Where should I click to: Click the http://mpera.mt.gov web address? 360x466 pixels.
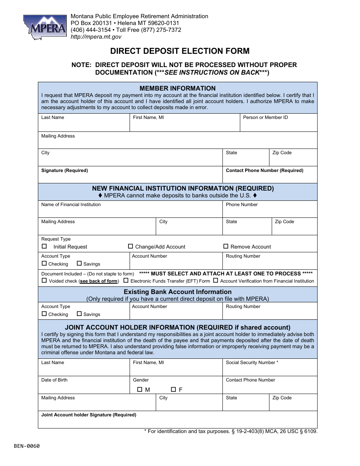(x=96, y=37)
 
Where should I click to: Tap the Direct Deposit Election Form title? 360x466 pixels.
(x=180, y=51)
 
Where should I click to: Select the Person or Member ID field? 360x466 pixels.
(x=279, y=125)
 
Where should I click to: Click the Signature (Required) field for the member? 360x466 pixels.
(x=130, y=177)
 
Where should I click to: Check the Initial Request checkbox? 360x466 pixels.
(x=44, y=246)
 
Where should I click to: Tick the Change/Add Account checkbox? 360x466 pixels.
(x=130, y=246)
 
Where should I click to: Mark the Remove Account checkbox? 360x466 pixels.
(x=226, y=246)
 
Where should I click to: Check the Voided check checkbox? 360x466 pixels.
(x=44, y=281)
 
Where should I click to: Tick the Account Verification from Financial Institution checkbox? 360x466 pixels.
(x=215, y=281)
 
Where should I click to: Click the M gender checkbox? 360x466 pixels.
(x=139, y=389)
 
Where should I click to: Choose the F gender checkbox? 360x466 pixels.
(x=173, y=389)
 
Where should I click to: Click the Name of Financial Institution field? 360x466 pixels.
(x=130, y=211)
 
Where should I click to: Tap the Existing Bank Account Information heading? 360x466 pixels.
(x=177, y=292)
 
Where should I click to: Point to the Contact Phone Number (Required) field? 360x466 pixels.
(x=270, y=177)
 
